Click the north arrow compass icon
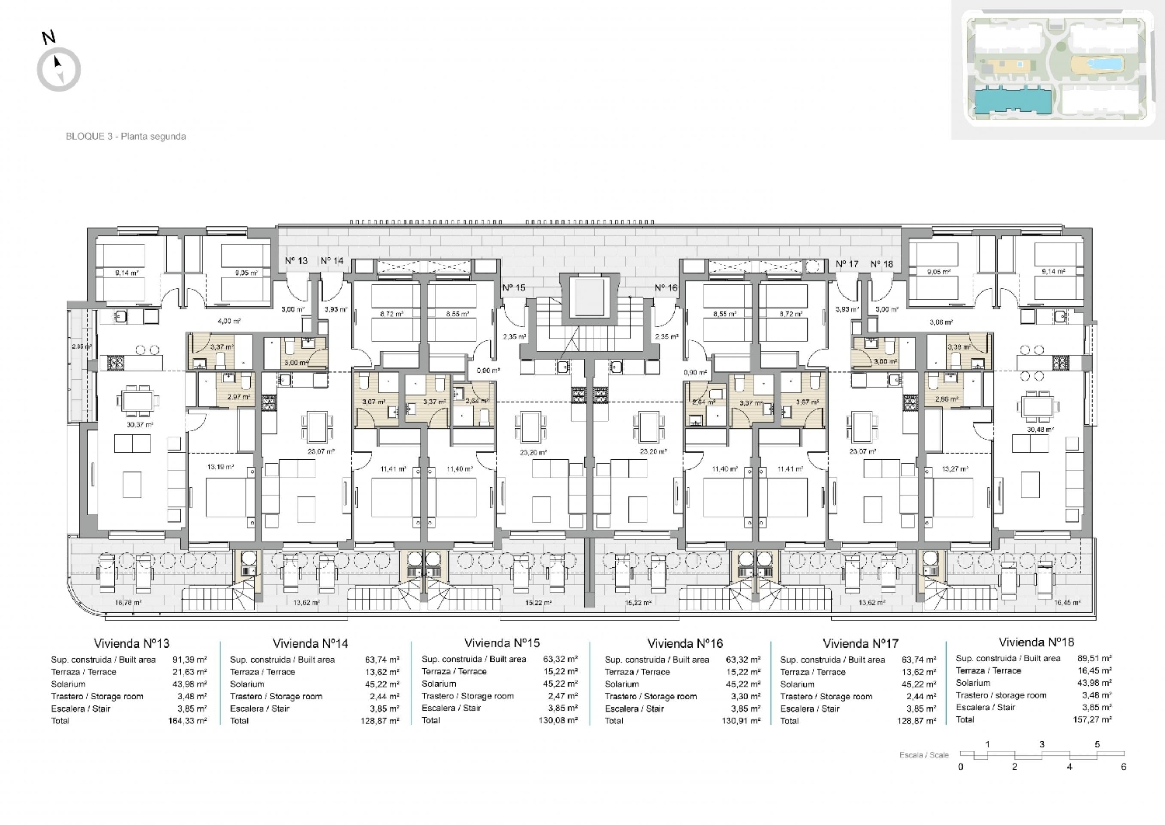[59, 68]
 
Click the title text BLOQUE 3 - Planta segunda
[126, 136]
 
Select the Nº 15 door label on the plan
[513, 287]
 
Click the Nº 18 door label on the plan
[882, 264]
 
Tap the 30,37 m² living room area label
[140, 425]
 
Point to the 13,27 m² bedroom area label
[955, 468]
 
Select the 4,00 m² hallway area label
[228, 321]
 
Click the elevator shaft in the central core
[590, 298]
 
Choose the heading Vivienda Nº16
[684, 643]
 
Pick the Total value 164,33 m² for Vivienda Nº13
[188, 721]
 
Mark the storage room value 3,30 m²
[746, 696]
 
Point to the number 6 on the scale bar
[1123, 767]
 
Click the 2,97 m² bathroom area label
[238, 397]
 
